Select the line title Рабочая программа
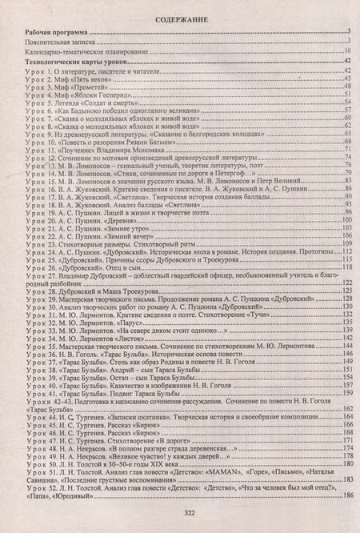[54, 31]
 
